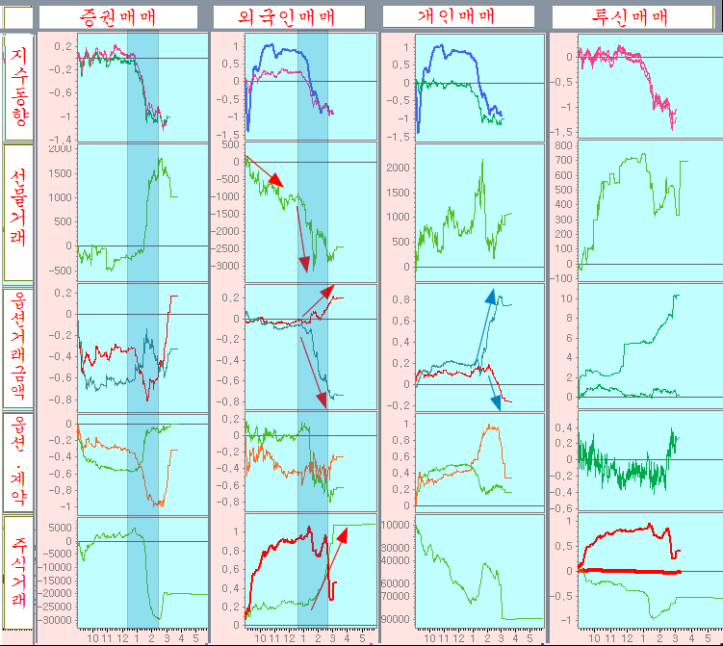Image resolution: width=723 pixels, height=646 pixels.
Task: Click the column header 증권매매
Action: click(x=117, y=16)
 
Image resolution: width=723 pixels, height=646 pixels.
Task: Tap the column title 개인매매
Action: click(x=456, y=16)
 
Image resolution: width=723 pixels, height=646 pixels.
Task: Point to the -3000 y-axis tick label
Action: click(x=227, y=265)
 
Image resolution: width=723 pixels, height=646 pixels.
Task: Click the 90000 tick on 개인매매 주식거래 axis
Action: click(x=397, y=619)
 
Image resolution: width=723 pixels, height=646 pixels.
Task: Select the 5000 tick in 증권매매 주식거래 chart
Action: click(x=60, y=527)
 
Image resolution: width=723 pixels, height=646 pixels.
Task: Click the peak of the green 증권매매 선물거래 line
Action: click(x=159, y=159)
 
